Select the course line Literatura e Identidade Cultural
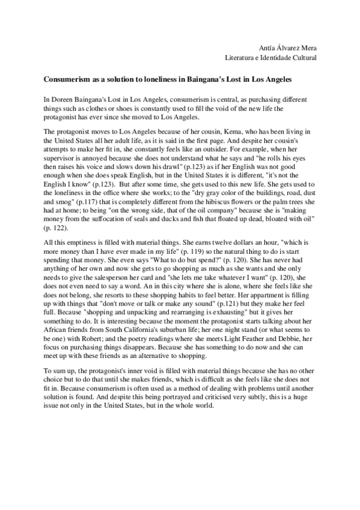coord(270,58)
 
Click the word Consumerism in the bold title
coord(67,79)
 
